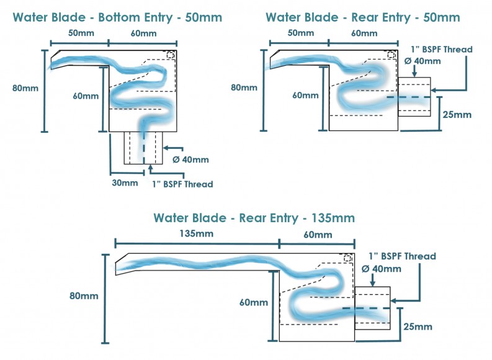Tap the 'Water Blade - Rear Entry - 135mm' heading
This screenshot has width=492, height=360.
[254, 218]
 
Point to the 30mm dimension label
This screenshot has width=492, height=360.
[125, 182]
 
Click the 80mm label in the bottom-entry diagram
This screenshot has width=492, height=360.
[25, 88]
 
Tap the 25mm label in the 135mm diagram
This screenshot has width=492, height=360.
[417, 326]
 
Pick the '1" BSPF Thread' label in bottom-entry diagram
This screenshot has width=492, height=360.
[182, 184]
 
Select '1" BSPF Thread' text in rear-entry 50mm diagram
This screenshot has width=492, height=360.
[442, 49]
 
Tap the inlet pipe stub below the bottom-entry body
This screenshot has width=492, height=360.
[144, 147]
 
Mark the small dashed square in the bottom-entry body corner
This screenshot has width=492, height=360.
[171, 55]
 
